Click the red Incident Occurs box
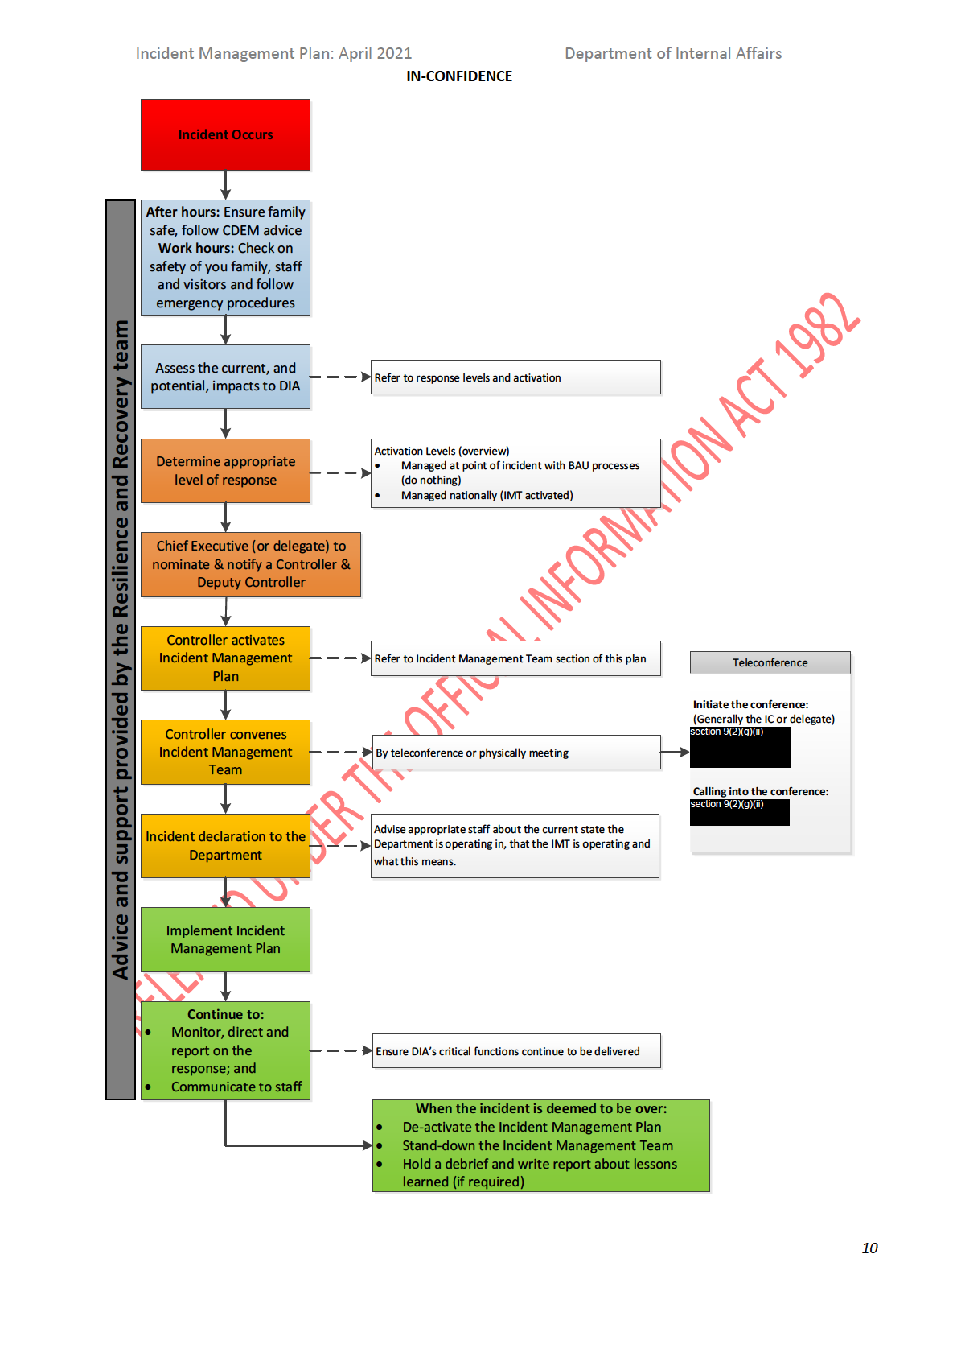click(225, 134)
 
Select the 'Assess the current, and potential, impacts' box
click(225, 377)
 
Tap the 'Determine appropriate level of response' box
click(225, 471)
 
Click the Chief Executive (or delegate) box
click(251, 564)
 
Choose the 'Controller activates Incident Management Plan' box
click(225, 658)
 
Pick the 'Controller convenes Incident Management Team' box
click(225, 752)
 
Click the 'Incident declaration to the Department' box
click(225, 845)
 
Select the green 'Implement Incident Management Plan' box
click(225, 939)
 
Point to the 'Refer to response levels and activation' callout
click(515, 377)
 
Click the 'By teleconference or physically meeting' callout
click(515, 753)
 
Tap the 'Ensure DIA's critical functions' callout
click(516, 1051)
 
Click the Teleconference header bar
click(770, 662)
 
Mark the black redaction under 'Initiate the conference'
click(740, 748)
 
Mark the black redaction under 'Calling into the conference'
click(739, 813)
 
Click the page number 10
click(869, 1248)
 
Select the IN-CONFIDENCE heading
click(459, 76)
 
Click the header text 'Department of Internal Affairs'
click(673, 53)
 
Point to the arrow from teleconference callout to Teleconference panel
click(675, 753)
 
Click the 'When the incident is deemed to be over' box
click(540, 1145)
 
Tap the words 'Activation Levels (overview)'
click(442, 451)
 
